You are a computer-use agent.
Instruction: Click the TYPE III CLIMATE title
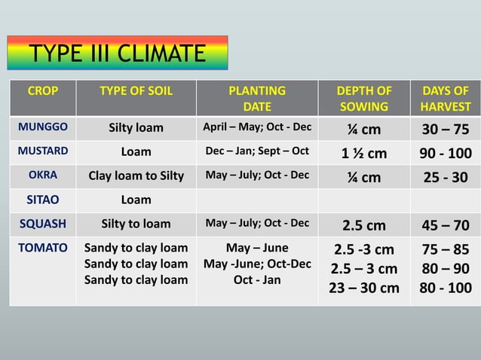click(116, 54)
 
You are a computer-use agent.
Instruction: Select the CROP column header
click(42, 91)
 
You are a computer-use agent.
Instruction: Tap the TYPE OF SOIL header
click(136, 91)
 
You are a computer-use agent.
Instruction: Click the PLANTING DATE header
click(257, 99)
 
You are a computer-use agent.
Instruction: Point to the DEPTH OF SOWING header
click(363, 99)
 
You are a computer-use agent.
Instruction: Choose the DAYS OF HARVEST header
click(446, 99)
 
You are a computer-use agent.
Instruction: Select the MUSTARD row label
click(42, 151)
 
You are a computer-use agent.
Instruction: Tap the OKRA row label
click(42, 175)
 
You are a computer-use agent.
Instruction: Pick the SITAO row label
click(42, 200)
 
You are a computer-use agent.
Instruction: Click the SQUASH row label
click(42, 224)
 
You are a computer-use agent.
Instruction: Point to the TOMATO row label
click(42, 247)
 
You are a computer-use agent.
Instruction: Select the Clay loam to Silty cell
click(136, 176)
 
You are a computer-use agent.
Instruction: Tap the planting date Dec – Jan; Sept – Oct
click(257, 151)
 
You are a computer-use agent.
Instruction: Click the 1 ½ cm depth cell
click(363, 153)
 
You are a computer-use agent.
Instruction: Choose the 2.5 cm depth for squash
click(363, 224)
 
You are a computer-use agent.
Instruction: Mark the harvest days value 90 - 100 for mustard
click(446, 153)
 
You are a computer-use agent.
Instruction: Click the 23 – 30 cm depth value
click(363, 288)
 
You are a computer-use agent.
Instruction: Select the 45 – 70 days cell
click(446, 224)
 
